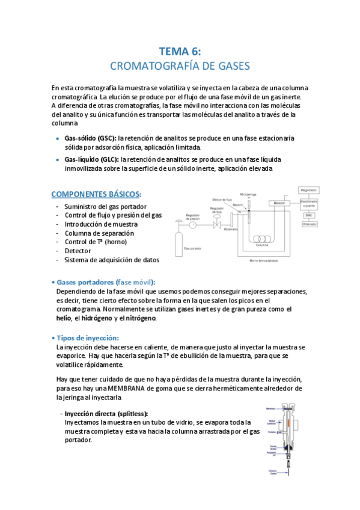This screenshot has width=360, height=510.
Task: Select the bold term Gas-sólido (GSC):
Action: pyautogui.click(x=90, y=138)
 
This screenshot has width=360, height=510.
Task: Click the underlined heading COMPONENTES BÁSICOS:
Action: pyautogui.click(x=97, y=194)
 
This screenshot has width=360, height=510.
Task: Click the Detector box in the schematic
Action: pyautogui.click(x=279, y=203)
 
